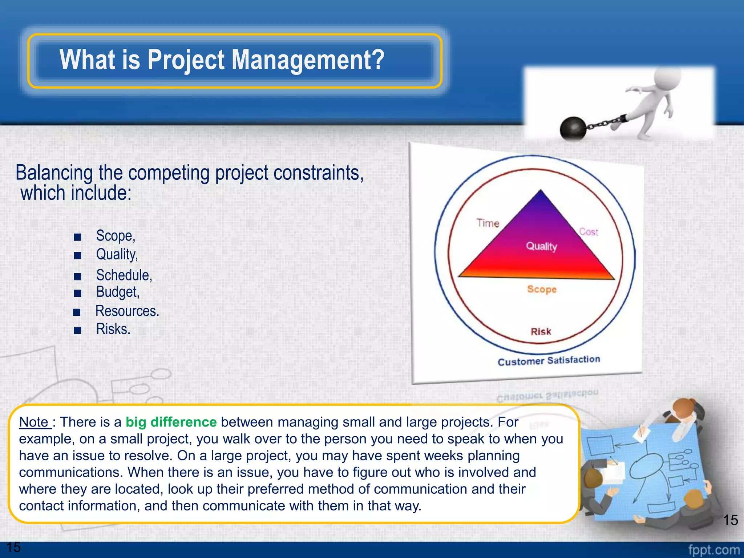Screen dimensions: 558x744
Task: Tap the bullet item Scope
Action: pos(116,236)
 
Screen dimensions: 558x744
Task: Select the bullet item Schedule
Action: pos(124,275)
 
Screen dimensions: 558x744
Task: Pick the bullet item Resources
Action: pos(127,311)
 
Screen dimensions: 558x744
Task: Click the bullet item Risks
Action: pos(113,329)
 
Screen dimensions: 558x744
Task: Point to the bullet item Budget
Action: pos(118,292)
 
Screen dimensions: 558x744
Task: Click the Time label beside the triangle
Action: pos(488,223)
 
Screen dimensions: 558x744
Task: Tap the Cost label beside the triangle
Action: pos(589,232)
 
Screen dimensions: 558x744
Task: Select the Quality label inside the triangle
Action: pos(541,246)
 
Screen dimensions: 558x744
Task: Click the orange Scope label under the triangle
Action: pos(542,289)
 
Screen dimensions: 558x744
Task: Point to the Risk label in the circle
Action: pos(541,331)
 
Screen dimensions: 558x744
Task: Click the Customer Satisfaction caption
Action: pos(549,361)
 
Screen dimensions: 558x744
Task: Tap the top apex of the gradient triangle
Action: pos(541,191)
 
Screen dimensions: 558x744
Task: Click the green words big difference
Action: pos(171,422)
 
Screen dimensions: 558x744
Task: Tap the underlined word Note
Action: pos(34,422)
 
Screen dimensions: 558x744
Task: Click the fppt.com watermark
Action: pos(714,550)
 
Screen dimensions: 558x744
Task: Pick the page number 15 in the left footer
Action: pos(14,547)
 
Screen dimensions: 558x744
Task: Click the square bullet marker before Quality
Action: pos(77,256)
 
